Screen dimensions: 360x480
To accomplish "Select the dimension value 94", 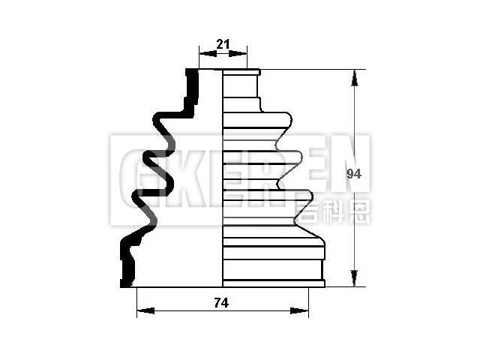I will point(355,174).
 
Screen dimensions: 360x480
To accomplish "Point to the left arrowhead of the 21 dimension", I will point(202,54).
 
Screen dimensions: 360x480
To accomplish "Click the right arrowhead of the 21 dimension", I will point(243,54).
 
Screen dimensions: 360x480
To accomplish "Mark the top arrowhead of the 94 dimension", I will point(353,73).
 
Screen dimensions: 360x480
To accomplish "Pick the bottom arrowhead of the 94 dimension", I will point(353,282).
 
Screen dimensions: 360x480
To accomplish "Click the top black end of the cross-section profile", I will point(192,75).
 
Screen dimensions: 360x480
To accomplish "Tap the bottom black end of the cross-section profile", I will point(125,280).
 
